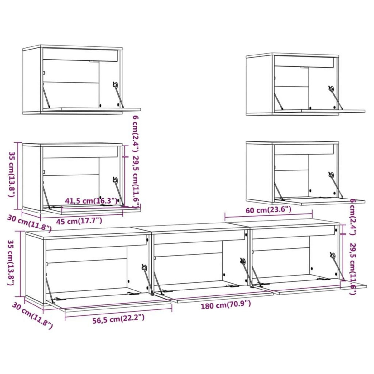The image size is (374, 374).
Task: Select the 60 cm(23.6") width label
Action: click(x=268, y=210)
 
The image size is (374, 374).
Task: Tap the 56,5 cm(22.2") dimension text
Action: click(x=118, y=318)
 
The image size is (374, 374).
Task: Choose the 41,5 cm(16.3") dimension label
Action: click(x=91, y=201)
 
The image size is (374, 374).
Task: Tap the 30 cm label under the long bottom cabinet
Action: click(x=32, y=316)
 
